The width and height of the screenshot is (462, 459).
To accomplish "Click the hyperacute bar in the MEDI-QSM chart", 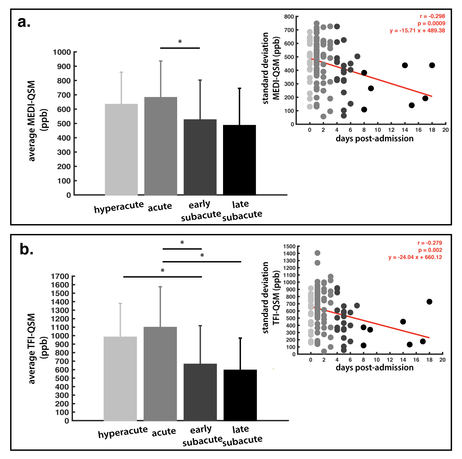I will point(121,150).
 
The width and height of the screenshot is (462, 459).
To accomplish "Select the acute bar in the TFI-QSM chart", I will point(160,374).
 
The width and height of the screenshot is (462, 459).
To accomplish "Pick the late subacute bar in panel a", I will point(239,160).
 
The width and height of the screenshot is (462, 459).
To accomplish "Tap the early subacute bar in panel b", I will point(200,392).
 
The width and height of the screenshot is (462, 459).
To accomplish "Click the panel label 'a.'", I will point(24,22).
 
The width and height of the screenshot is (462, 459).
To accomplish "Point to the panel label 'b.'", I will point(26,249).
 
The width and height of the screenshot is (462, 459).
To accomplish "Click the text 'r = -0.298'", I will point(432,16).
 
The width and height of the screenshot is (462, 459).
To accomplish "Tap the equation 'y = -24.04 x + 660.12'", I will point(415,257).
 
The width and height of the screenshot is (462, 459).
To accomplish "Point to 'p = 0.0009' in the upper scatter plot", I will point(431,24).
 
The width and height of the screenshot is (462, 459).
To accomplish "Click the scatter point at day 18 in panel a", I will point(432,65).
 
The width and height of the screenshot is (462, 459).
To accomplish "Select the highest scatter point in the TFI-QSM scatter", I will point(317,253).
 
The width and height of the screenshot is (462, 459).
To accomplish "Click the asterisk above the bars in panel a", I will point(180,42).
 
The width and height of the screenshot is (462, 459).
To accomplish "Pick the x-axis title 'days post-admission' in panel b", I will point(374,368).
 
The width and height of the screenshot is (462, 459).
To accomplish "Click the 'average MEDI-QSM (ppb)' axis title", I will point(36,121).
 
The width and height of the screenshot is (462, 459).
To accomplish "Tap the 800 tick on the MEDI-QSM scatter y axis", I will point(289,17).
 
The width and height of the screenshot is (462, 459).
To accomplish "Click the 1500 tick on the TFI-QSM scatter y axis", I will point(289,246).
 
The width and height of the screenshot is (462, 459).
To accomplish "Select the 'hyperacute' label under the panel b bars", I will point(123,433).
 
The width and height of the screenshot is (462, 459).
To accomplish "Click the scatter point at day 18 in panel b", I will point(429,302).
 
